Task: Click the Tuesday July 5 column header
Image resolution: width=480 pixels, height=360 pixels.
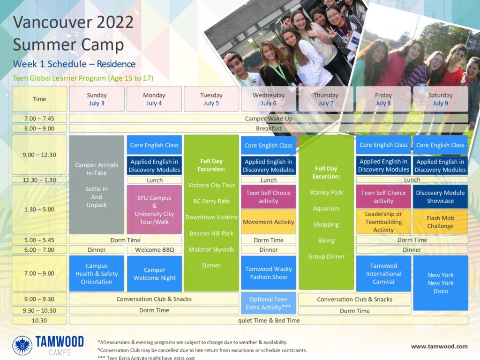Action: point(211,99)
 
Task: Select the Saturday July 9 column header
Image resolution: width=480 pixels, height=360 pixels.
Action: point(441,99)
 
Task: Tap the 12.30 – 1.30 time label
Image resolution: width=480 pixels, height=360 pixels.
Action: point(39,180)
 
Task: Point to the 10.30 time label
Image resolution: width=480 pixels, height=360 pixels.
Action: point(39,321)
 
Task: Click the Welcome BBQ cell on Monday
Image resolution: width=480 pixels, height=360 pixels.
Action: point(155,250)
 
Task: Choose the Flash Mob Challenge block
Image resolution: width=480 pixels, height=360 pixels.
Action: point(441,222)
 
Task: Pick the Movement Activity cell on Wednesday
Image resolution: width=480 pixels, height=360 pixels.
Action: point(269,222)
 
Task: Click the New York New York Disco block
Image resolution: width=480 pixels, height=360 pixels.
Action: point(441,283)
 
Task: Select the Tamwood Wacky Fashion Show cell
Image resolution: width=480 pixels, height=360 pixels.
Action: point(269,273)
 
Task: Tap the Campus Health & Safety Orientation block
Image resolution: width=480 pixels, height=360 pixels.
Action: point(97,274)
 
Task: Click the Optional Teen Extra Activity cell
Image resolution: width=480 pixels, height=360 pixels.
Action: point(269,303)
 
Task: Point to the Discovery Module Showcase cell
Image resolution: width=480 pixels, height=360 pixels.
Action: point(441,196)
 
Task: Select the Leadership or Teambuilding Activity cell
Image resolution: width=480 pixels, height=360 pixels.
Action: point(383,222)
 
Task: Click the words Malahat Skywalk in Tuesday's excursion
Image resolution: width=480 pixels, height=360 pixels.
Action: point(211,249)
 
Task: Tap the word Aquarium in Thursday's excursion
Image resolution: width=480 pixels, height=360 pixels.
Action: point(326,209)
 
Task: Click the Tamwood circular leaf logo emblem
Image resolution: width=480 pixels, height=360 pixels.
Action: point(22,345)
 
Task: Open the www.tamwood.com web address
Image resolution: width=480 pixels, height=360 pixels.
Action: point(439,346)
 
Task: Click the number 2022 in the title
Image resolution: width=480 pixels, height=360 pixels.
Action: point(115,22)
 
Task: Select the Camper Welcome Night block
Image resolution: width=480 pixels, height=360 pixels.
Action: point(155,274)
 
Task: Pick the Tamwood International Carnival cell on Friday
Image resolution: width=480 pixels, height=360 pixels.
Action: point(383,274)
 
